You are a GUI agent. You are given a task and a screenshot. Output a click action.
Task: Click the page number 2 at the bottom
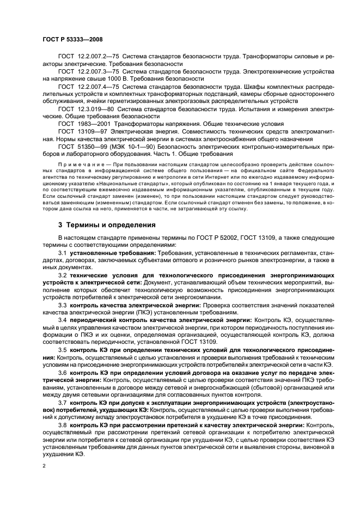45,466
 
